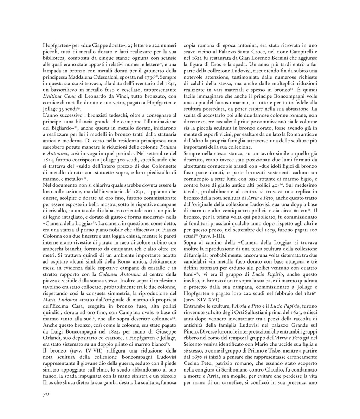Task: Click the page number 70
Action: coord(45,394)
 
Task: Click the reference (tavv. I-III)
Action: coord(214,236)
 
